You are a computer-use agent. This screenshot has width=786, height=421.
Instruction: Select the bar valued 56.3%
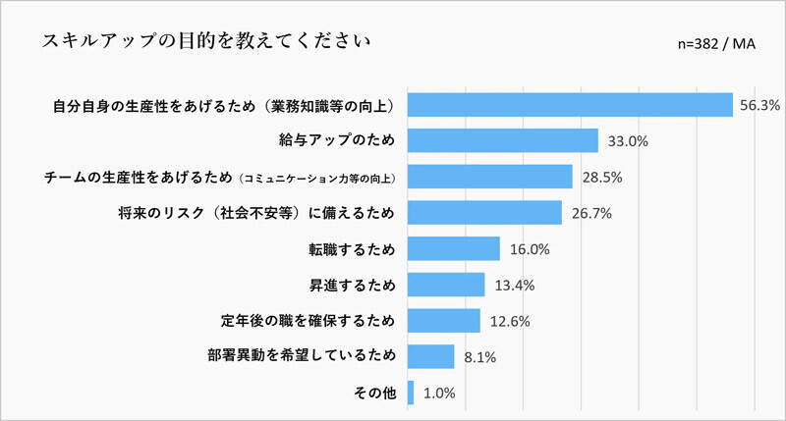pyautogui.click(x=570, y=104)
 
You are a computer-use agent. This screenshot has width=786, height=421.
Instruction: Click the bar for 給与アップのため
pyautogui.click(x=502, y=140)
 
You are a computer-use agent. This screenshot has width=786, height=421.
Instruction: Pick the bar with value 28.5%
pyautogui.click(x=489, y=177)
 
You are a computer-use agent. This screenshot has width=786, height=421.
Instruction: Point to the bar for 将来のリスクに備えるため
pyautogui.click(x=484, y=212)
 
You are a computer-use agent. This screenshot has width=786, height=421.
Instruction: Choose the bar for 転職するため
pyautogui.click(x=453, y=248)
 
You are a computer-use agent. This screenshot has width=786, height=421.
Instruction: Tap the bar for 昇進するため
pyautogui.click(x=445, y=285)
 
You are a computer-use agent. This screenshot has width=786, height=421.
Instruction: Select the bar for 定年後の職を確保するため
pyautogui.click(x=443, y=321)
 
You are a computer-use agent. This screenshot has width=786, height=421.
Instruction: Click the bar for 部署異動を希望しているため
pyautogui.click(x=430, y=356)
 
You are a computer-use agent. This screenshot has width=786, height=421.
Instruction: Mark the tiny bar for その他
pyautogui.click(x=411, y=393)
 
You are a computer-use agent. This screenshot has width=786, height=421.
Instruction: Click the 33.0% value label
pyautogui.click(x=628, y=141)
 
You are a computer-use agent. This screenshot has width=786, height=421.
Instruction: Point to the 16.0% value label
pyautogui.click(x=530, y=249)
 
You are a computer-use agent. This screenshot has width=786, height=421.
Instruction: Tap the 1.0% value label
pyautogui.click(x=438, y=394)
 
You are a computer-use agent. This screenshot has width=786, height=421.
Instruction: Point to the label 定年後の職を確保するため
pyautogui.click(x=308, y=321)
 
